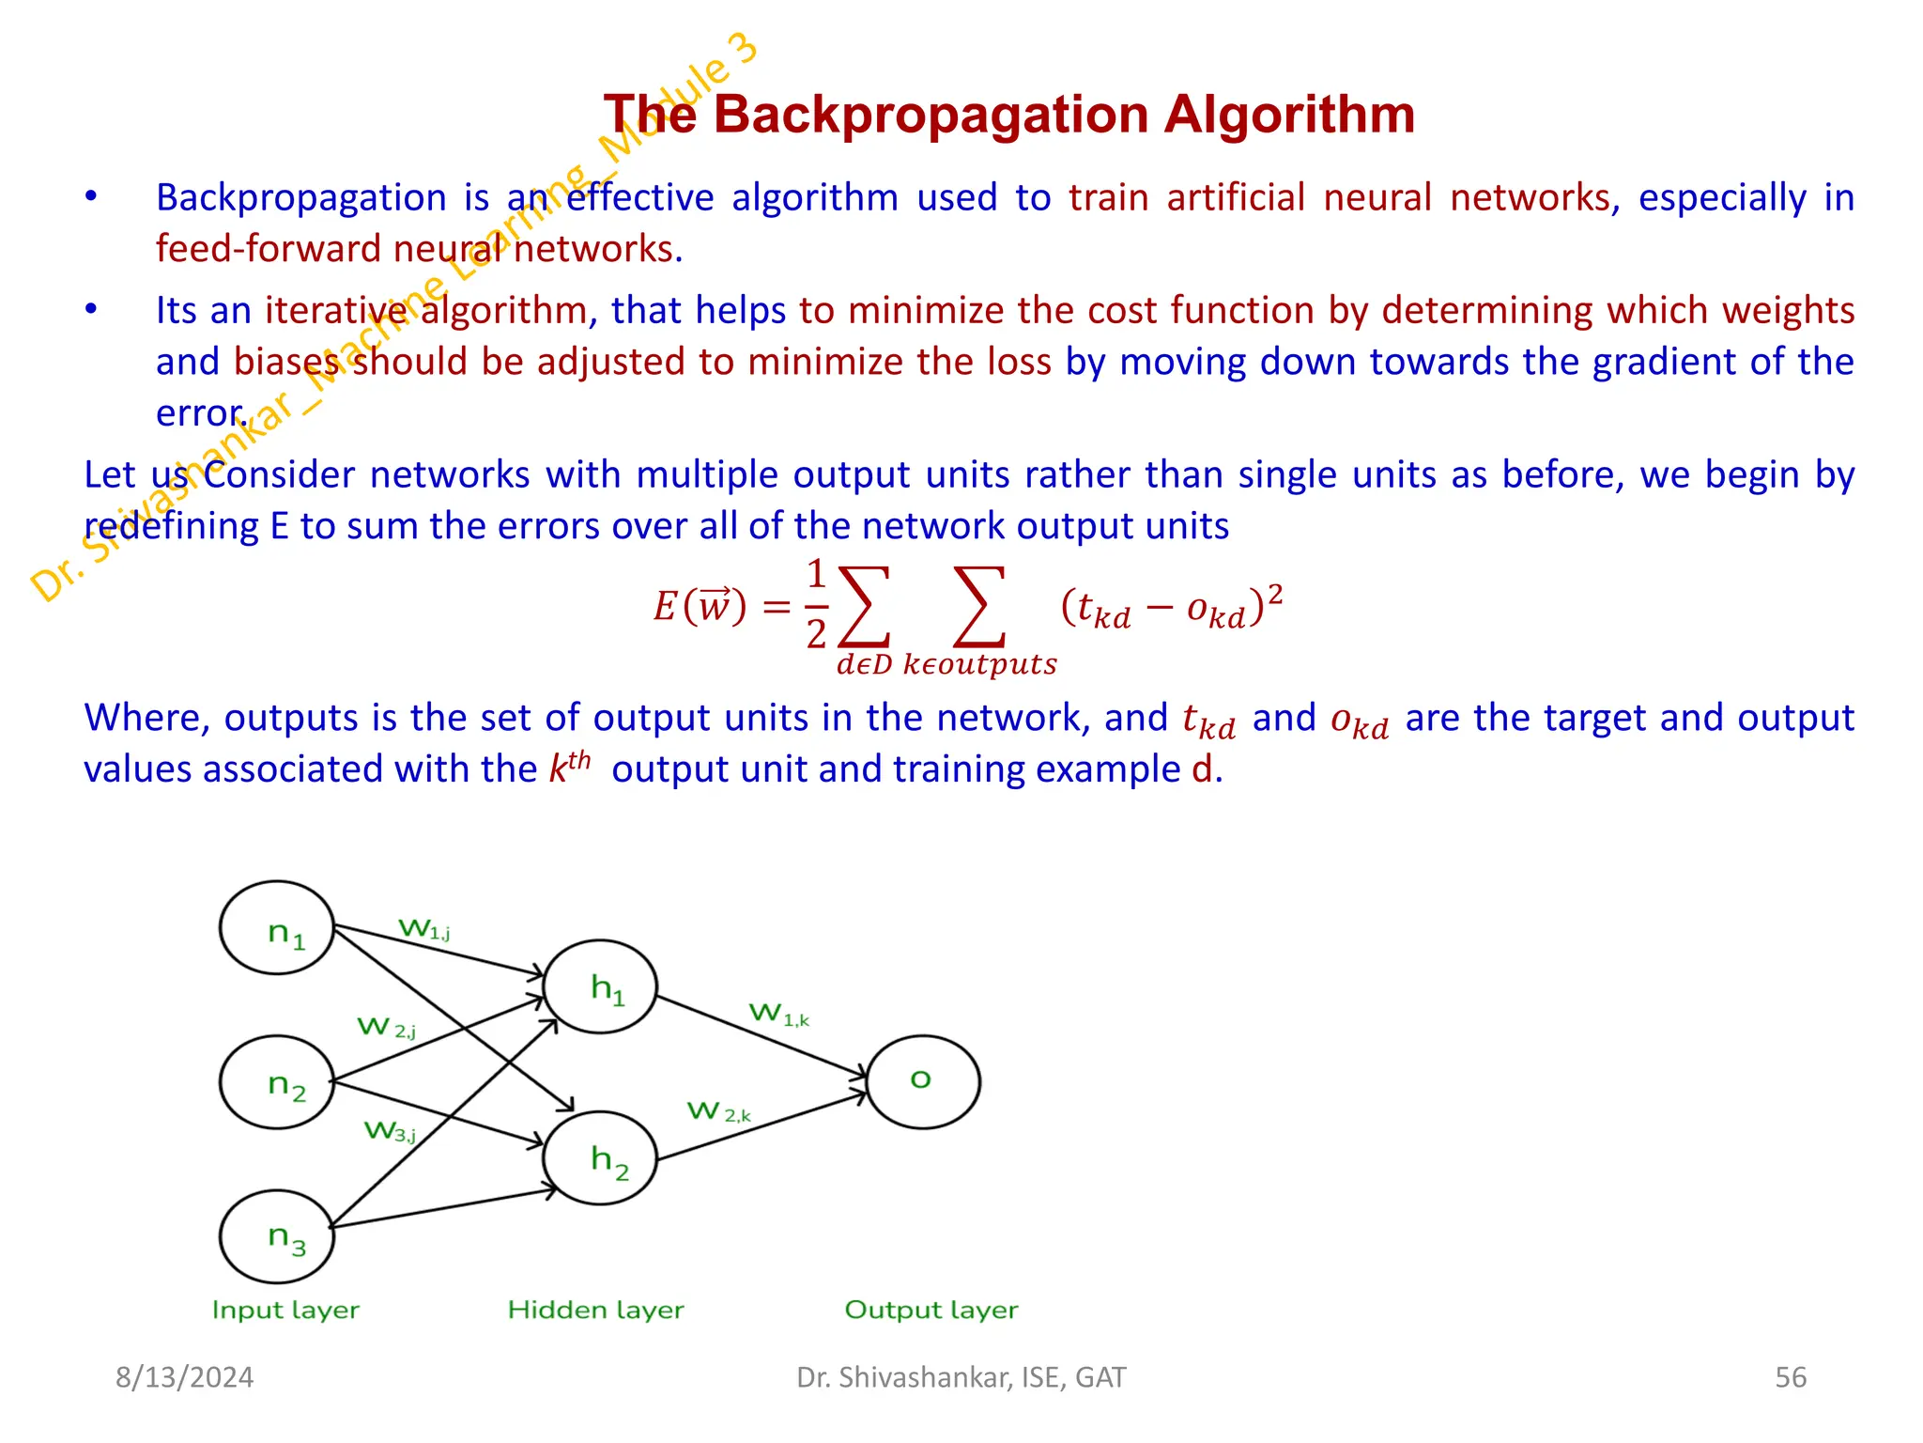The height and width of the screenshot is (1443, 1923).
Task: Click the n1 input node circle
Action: coord(277,928)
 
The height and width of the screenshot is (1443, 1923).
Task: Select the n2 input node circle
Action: coord(277,1082)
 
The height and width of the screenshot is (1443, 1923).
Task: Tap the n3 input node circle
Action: coord(277,1236)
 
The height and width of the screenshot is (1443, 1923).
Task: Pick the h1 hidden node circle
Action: coord(600,986)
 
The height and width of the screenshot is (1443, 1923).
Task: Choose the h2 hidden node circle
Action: coord(600,1158)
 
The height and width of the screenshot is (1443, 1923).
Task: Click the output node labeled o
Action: coord(923,1081)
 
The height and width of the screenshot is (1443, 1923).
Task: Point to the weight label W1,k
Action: coord(778,1015)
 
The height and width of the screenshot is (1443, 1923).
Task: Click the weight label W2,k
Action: coord(718,1112)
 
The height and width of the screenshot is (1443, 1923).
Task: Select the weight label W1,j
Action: coord(424,929)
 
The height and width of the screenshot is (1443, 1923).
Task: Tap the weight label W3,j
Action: coord(390,1131)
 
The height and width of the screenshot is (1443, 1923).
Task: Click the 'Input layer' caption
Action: coord(285,1310)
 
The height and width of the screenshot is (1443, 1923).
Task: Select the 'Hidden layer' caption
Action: coord(595,1310)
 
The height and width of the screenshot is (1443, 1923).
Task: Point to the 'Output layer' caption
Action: coord(931,1310)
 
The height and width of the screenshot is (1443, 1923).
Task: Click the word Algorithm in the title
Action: coord(1289,115)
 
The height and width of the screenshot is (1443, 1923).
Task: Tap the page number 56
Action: coord(1791,1377)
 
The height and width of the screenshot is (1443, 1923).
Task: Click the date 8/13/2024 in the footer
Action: coord(184,1377)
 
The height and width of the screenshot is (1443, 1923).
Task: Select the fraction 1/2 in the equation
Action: coord(816,604)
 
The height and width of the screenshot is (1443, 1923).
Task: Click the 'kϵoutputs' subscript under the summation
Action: coord(979,664)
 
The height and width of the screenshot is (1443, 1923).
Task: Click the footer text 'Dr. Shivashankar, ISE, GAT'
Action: coord(961,1377)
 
